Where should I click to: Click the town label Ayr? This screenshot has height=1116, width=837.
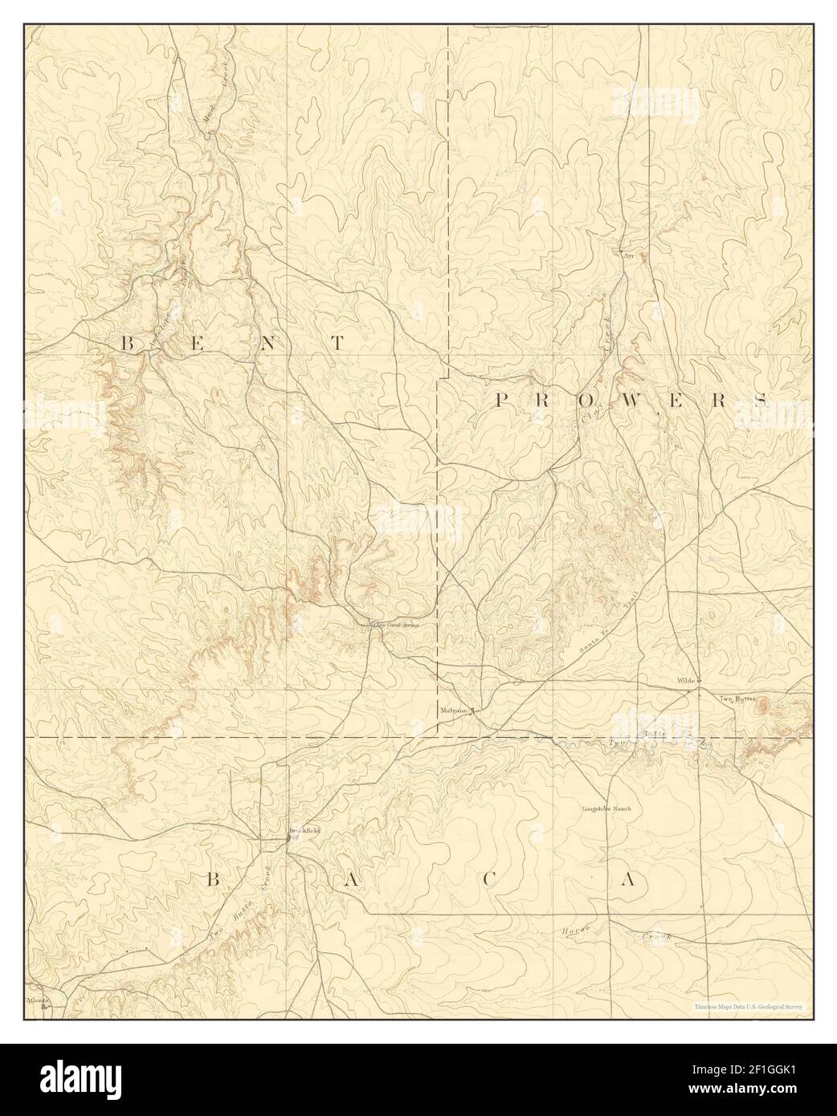[629, 255]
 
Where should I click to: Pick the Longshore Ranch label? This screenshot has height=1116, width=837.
[606, 808]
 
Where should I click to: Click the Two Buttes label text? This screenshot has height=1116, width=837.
[737, 699]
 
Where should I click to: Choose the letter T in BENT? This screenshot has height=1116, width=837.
[337, 344]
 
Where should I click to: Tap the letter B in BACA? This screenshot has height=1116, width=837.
[213, 880]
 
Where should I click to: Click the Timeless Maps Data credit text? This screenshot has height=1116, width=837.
[748, 1006]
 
